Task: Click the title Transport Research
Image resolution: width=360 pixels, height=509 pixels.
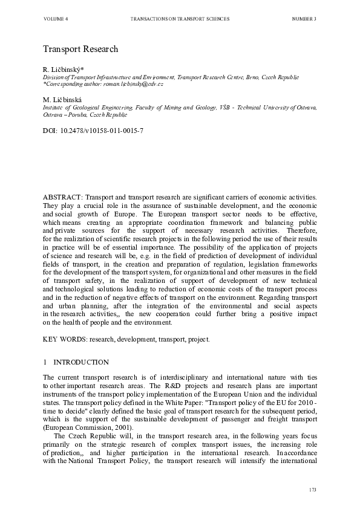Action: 80,48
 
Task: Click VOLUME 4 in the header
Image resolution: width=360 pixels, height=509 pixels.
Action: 56,19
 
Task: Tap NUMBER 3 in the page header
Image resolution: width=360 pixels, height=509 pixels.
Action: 304,19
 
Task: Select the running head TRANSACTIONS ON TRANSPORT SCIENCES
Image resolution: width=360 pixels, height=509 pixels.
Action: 180,19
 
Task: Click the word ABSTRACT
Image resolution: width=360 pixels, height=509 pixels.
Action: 63,198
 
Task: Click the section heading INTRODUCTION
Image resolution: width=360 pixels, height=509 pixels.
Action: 82,362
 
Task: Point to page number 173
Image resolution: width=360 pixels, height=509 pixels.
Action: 312,489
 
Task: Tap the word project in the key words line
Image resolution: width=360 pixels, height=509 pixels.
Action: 198,339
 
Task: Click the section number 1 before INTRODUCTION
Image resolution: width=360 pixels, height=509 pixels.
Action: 45,362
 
